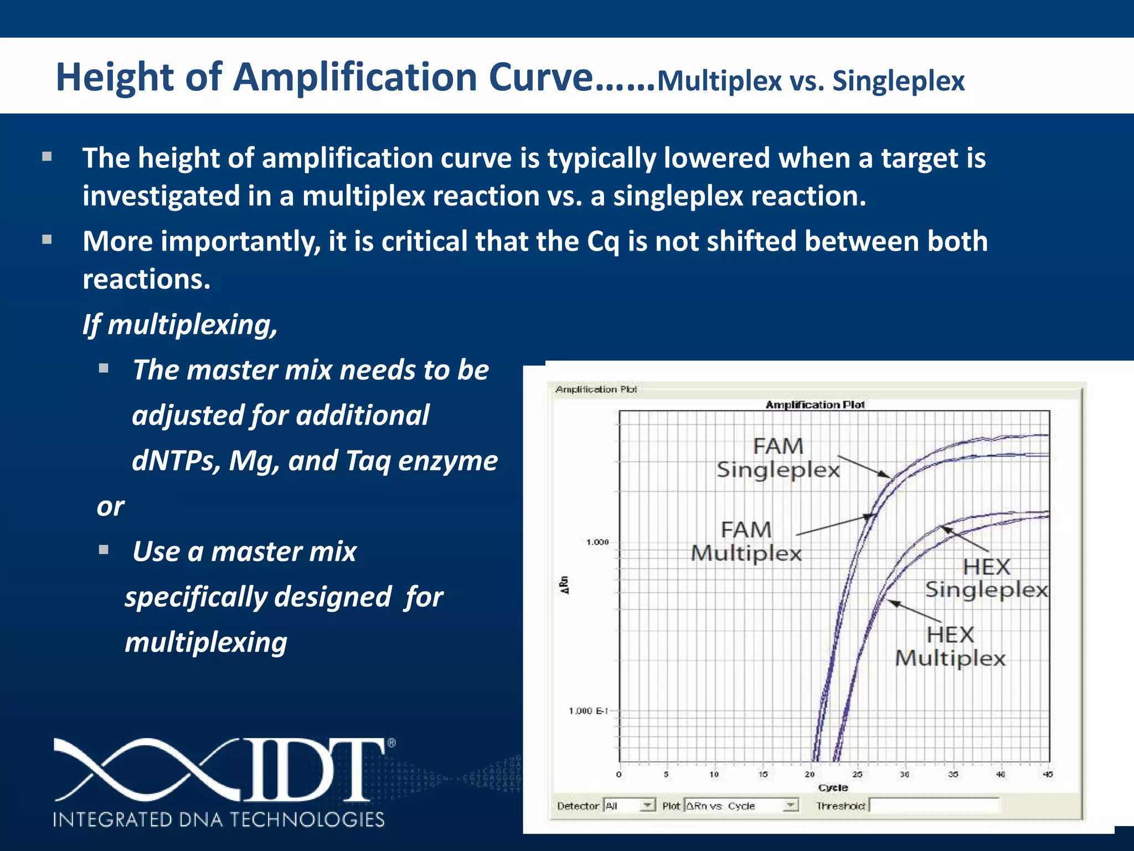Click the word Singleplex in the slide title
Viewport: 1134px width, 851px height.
click(x=898, y=81)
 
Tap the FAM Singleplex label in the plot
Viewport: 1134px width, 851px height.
click(x=777, y=458)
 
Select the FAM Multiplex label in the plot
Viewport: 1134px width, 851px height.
click(x=746, y=541)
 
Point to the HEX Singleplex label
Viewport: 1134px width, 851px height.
click(x=986, y=578)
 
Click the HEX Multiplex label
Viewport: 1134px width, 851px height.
click(x=950, y=647)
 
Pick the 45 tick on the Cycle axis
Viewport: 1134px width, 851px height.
click(x=1047, y=774)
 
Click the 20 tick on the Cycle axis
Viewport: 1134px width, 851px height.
click(x=810, y=774)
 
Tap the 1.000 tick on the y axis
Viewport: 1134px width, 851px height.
click(x=597, y=542)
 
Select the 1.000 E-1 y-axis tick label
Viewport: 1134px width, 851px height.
click(x=588, y=711)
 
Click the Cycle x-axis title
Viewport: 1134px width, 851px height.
click(x=833, y=787)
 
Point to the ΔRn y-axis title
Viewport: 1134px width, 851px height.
click(x=565, y=585)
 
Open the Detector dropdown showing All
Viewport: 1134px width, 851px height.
click(x=630, y=806)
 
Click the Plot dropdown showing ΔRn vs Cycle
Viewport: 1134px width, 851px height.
click(x=741, y=806)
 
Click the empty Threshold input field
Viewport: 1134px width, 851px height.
click(x=934, y=806)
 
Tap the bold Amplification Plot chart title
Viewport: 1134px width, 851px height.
click(x=815, y=405)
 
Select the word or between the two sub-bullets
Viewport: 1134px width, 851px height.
click(x=110, y=506)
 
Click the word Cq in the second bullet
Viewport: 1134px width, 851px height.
click(x=602, y=242)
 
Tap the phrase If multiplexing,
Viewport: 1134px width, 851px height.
click(x=179, y=325)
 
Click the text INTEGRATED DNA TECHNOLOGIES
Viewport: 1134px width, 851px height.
click(x=219, y=819)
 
